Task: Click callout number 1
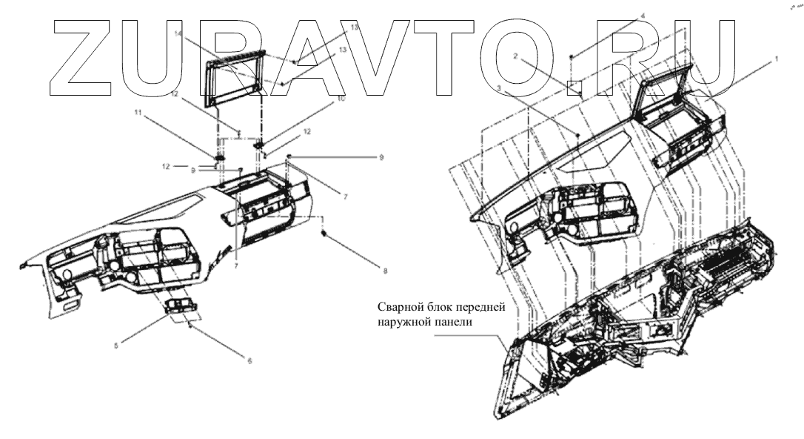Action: pos(775,57)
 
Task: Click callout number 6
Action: pos(249,361)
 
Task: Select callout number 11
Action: pos(136,112)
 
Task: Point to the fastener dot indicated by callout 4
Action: pos(572,56)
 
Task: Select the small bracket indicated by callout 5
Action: pos(182,306)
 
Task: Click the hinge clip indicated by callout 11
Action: pos(219,158)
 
